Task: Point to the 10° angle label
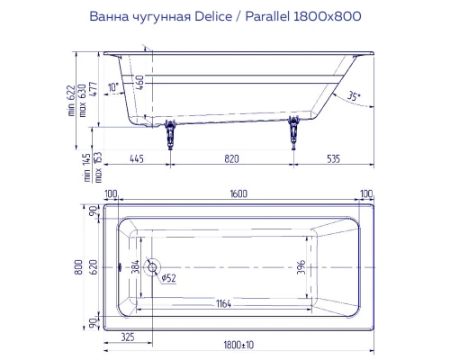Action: click(112, 87)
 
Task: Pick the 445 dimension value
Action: click(138, 157)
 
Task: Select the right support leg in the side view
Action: click(292, 134)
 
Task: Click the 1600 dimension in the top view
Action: click(238, 193)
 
